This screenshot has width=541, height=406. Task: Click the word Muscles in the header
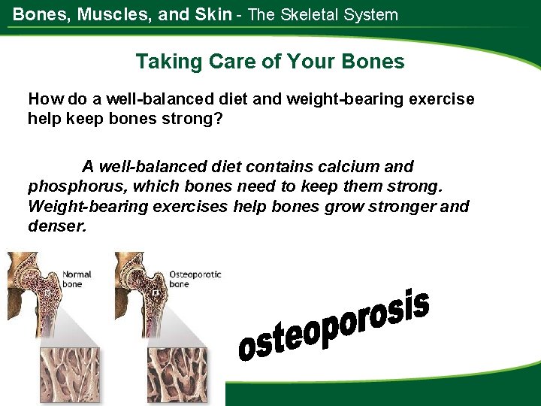[x=107, y=14]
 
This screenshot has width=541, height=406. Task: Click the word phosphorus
[x=69, y=186]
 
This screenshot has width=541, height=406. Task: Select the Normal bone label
[x=77, y=280]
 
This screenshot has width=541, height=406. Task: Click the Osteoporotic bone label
[x=194, y=279]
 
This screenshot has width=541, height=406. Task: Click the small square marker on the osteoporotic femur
[x=155, y=292]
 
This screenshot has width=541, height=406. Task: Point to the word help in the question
[x=44, y=119]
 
